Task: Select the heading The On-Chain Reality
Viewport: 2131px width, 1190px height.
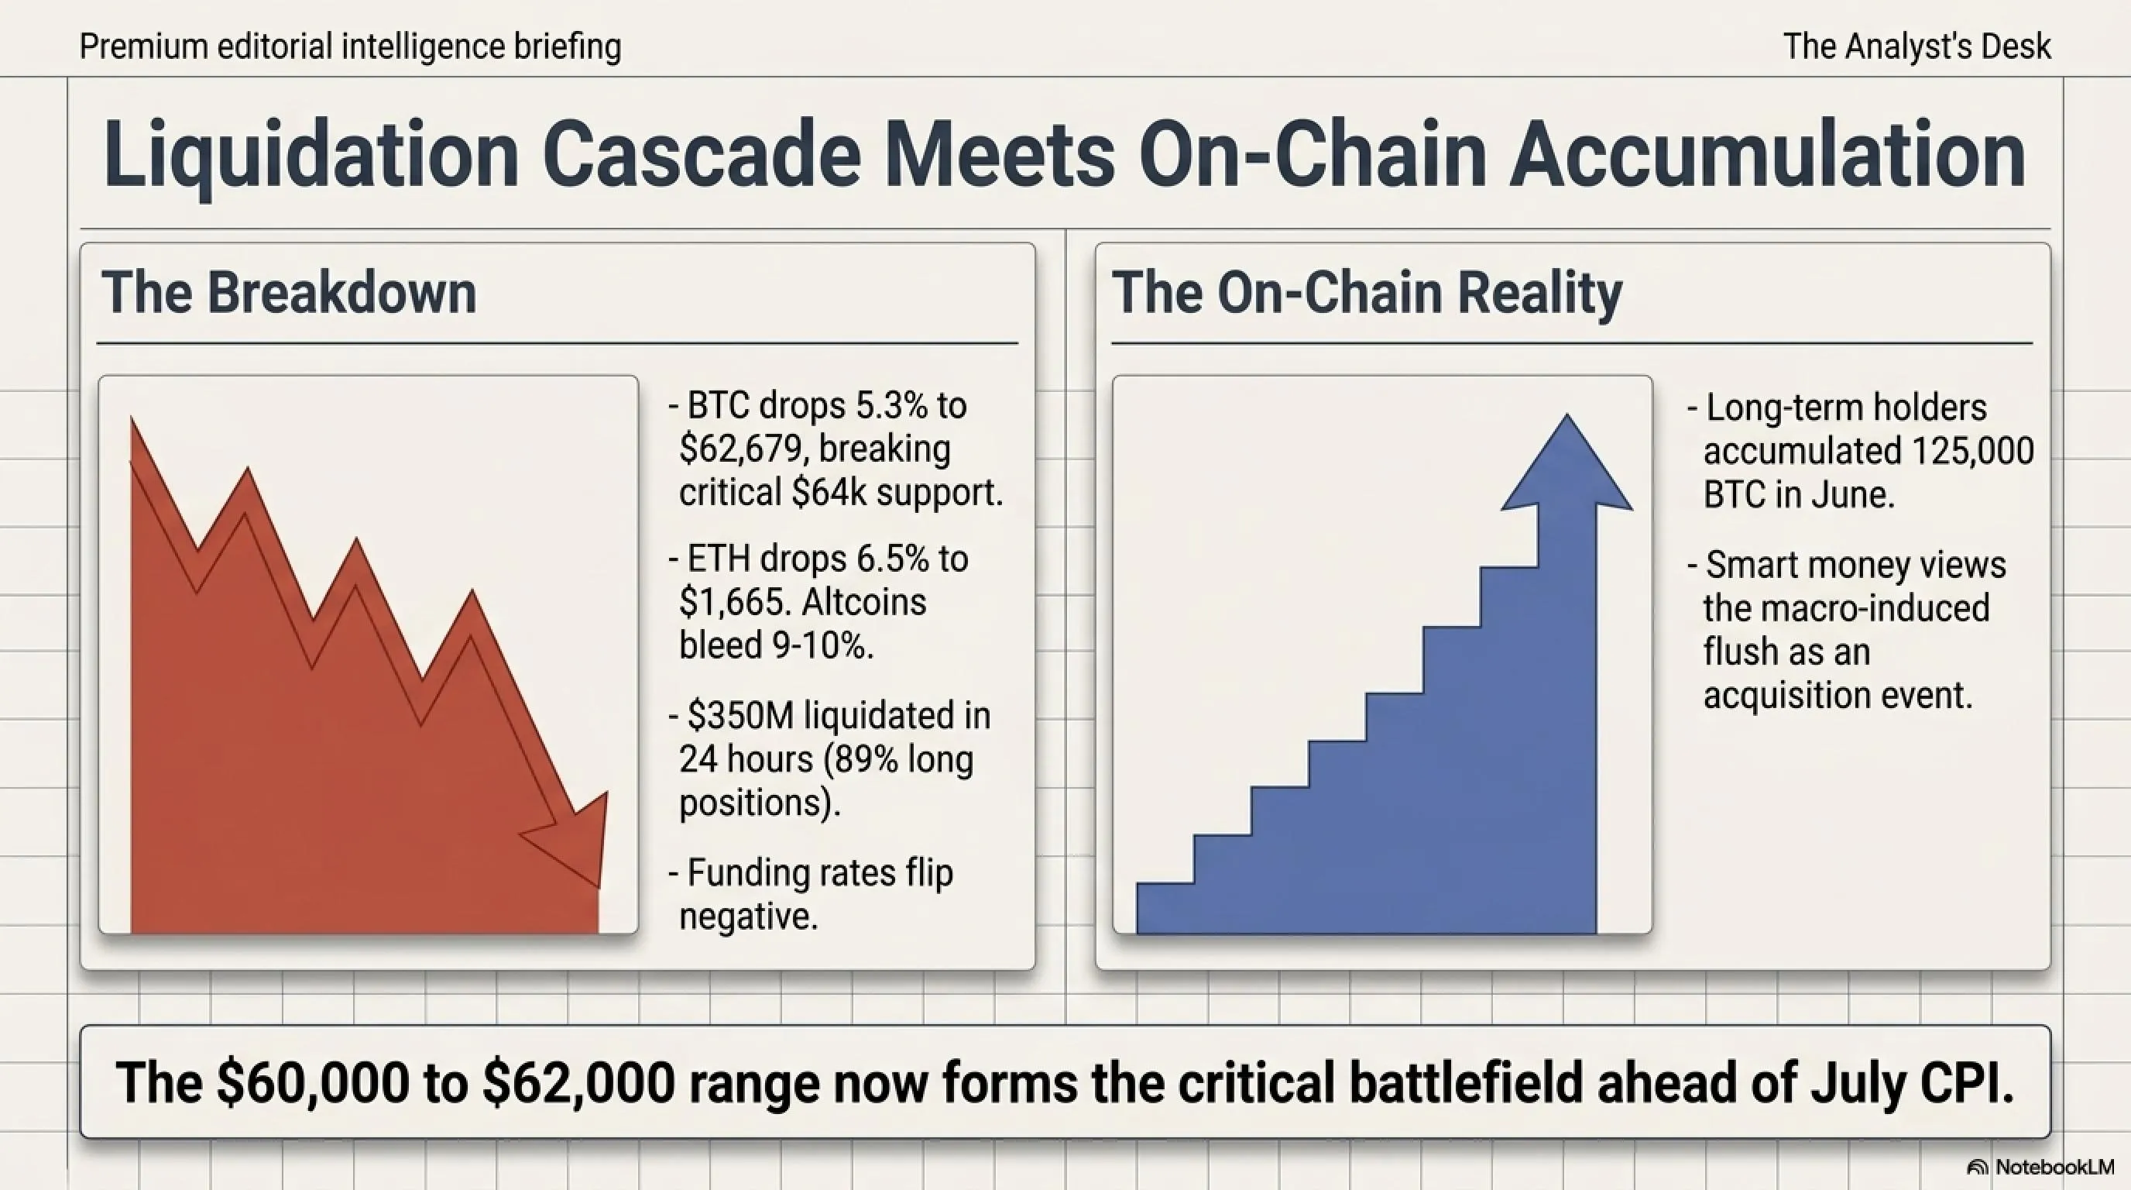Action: click(x=1367, y=293)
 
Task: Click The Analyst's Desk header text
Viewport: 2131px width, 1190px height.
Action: click(x=1917, y=46)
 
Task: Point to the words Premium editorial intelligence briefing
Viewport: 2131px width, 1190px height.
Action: click(x=350, y=46)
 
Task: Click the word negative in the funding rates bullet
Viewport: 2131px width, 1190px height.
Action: click(x=748, y=916)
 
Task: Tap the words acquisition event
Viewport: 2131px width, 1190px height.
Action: click(x=1838, y=695)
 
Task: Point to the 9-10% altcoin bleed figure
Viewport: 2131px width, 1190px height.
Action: click(x=823, y=645)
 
